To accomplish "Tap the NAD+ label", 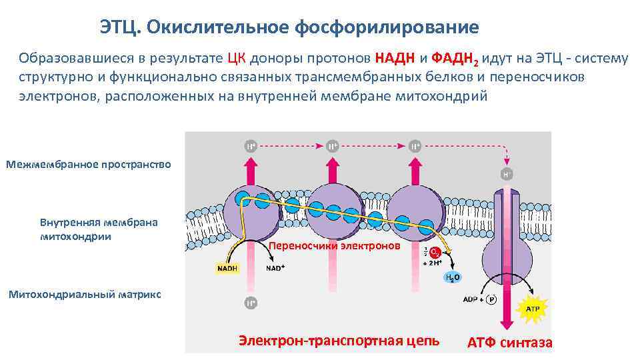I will (275, 269).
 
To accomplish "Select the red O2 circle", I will (434, 253).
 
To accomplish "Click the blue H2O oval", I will (453, 278).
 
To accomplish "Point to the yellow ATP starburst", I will (533, 309).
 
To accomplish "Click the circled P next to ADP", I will (491, 299).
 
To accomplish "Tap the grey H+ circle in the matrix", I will (250, 303).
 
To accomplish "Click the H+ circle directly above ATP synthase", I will (507, 174).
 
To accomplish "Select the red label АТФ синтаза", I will (509, 343).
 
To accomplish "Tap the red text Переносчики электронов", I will (335, 246).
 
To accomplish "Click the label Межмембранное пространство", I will (88, 164).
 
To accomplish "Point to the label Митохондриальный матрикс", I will (85, 294).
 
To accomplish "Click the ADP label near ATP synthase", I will (471, 299).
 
